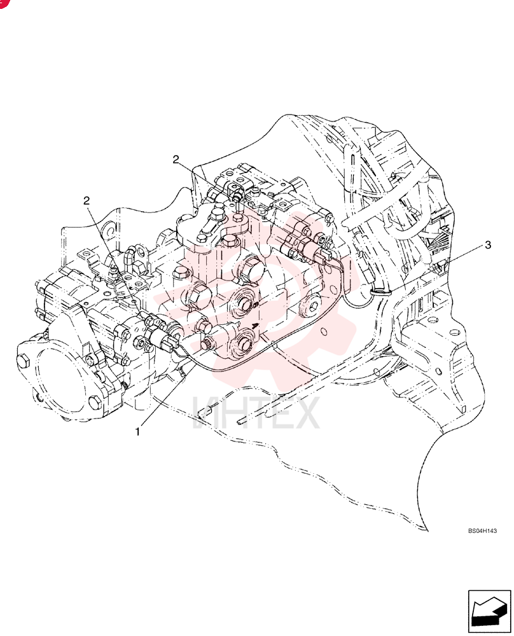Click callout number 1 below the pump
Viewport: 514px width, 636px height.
pyautogui.click(x=137, y=432)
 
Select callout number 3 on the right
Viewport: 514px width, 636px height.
pyautogui.click(x=488, y=245)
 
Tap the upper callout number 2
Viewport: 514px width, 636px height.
pyautogui.click(x=176, y=160)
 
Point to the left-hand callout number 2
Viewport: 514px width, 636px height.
pyautogui.click(x=87, y=200)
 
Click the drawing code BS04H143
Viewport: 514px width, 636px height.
pyautogui.click(x=482, y=530)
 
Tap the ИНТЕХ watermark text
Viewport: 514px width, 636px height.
pyautogui.click(x=256, y=413)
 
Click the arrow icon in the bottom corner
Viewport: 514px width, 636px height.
pyautogui.click(x=489, y=611)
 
